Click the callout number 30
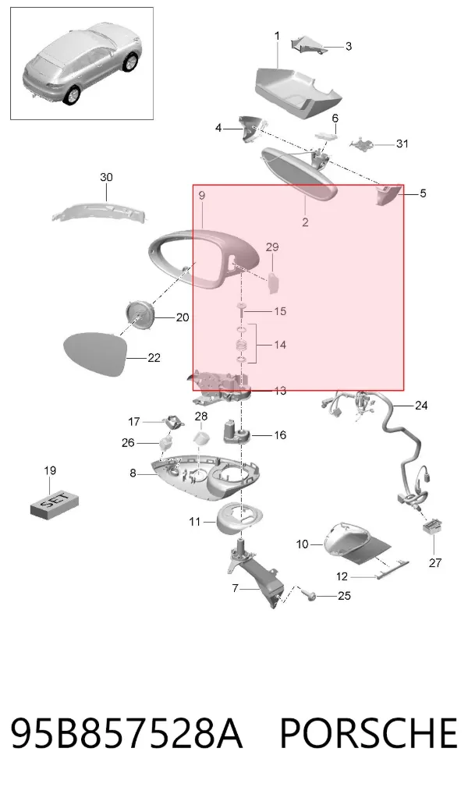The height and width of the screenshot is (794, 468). click(106, 177)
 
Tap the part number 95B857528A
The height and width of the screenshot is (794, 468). click(126, 734)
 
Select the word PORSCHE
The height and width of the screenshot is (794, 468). click(369, 734)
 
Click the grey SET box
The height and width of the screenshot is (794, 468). click(55, 504)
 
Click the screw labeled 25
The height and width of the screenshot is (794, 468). click(310, 596)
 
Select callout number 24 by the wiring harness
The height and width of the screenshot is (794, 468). click(421, 405)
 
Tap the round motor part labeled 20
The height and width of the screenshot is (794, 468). click(139, 314)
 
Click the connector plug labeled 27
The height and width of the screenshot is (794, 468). click(433, 527)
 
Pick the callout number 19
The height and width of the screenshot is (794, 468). click(50, 470)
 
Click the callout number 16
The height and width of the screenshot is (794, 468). click(280, 435)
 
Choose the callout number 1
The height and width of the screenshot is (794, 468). click(277, 36)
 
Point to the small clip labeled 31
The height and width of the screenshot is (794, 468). click(362, 144)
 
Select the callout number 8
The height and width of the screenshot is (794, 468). click(133, 473)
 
